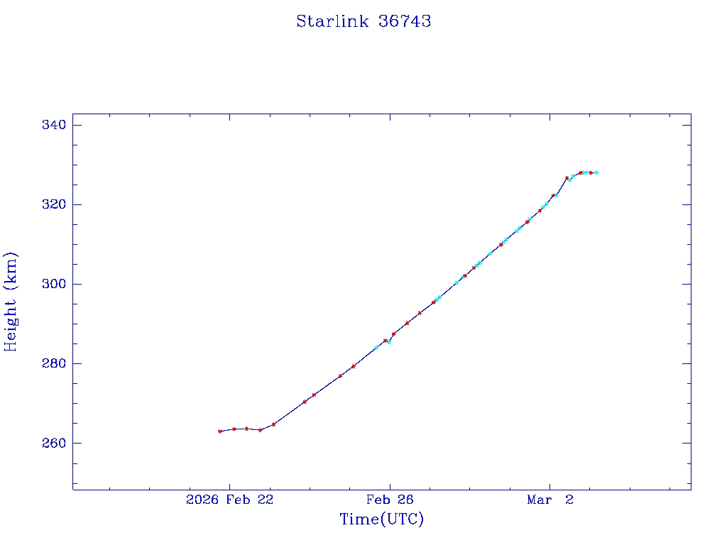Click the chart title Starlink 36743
point(363,21)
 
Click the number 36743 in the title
point(405,21)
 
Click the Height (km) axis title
point(11,302)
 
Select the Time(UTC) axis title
point(382,519)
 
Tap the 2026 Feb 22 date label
point(229,500)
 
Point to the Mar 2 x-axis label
point(550,500)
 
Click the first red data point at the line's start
point(220,431)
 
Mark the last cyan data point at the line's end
point(596,172)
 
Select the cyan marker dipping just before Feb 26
point(389,342)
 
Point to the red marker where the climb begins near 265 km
point(273,424)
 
